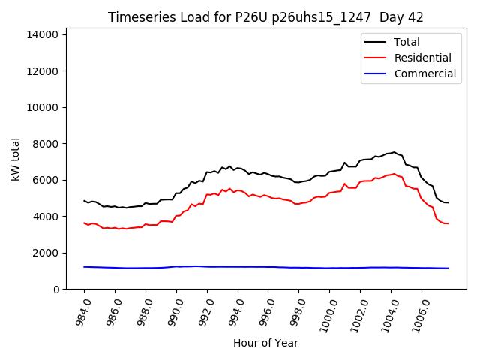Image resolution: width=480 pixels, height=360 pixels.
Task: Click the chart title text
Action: click(x=265, y=17)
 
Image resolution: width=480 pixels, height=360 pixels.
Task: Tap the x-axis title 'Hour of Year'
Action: click(x=265, y=343)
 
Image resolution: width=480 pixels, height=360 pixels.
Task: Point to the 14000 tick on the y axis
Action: click(x=44, y=34)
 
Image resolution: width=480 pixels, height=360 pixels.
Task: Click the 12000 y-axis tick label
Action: click(x=44, y=71)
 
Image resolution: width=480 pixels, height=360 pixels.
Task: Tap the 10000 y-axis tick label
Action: click(x=44, y=107)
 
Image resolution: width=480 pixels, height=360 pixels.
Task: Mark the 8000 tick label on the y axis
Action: click(x=47, y=144)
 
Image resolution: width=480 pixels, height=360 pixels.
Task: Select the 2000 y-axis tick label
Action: click(x=47, y=253)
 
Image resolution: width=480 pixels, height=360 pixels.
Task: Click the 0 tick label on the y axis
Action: click(x=57, y=289)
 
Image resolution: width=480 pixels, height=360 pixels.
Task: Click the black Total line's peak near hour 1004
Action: click(x=394, y=152)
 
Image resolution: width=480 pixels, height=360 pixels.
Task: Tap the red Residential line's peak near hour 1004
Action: click(x=394, y=174)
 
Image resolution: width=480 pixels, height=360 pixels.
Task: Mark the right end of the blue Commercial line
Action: click(x=448, y=268)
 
